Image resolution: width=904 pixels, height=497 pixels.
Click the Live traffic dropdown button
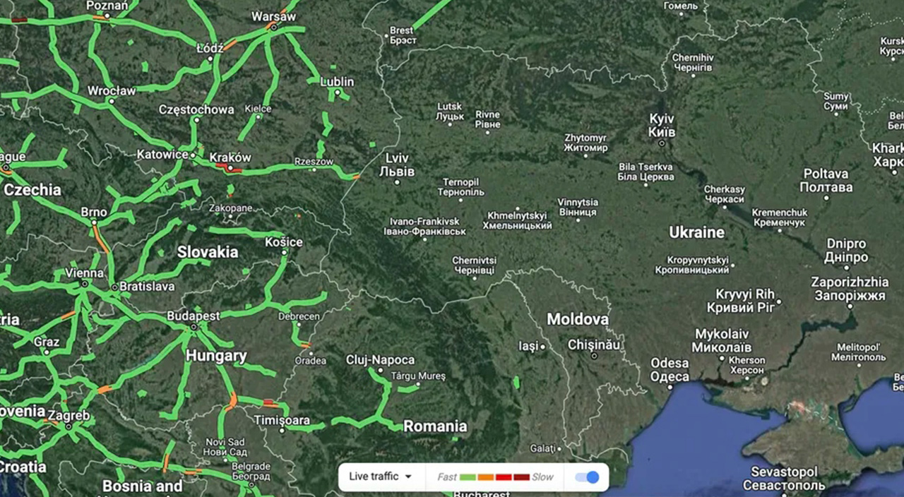tap(380, 477)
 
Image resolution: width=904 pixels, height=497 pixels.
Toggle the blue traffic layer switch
tap(587, 477)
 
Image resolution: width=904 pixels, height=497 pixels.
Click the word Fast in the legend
tap(446, 477)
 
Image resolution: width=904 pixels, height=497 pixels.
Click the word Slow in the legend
tap(542, 477)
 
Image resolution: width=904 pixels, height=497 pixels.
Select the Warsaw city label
tap(273, 16)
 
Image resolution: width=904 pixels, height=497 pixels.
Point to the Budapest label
tap(193, 316)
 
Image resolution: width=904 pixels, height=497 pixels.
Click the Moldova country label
tap(578, 319)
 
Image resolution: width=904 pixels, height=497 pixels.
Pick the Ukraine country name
tap(696, 232)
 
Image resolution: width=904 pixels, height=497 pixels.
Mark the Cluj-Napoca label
tap(380, 360)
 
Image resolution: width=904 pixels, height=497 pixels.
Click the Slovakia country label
tap(208, 252)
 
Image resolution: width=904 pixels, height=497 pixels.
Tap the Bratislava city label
tap(147, 287)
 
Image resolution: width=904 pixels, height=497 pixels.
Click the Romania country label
tap(435, 426)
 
